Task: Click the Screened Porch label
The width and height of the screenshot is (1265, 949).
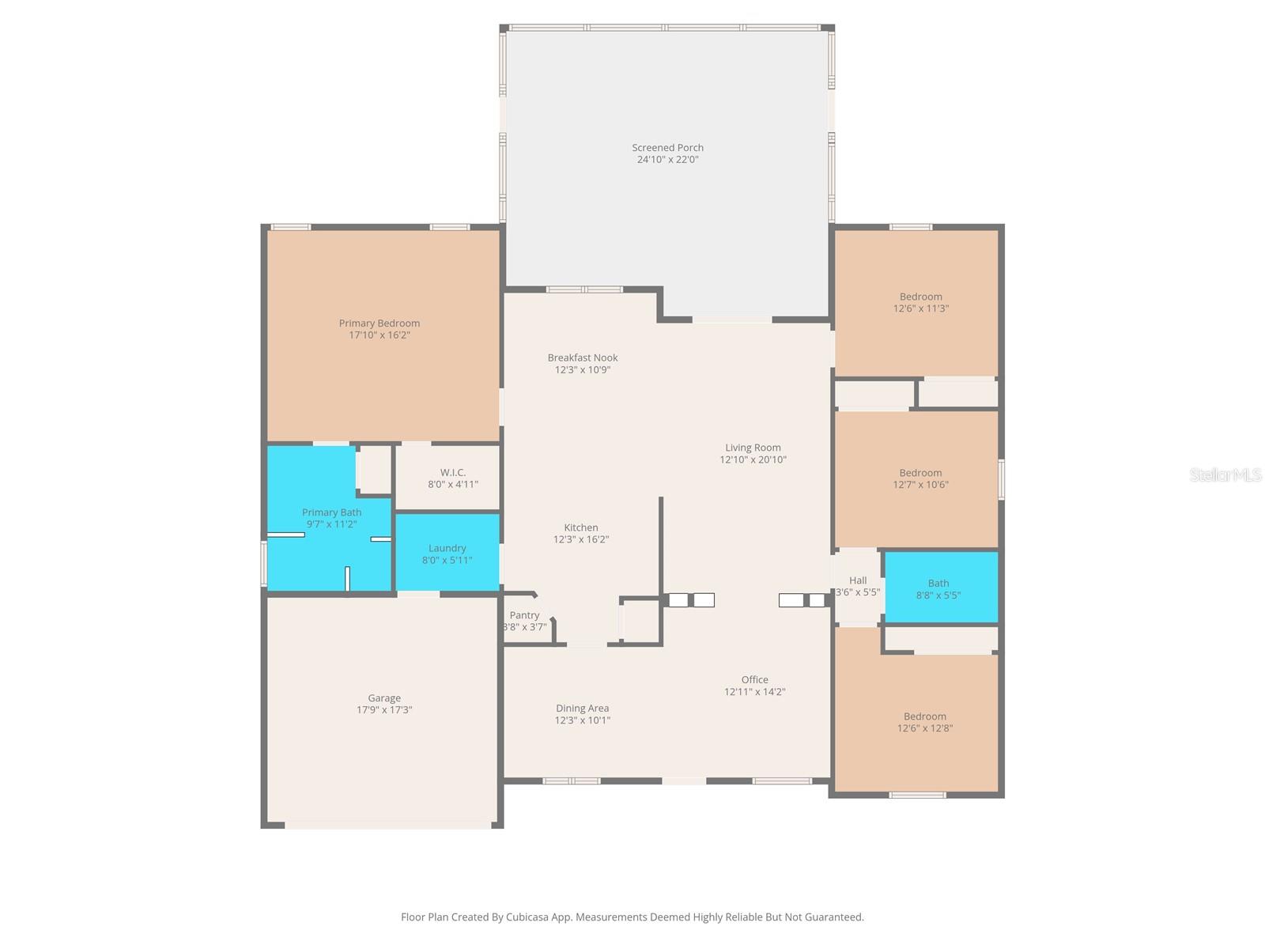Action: pos(667,148)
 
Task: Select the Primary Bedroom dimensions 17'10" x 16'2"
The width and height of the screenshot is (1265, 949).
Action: pos(379,335)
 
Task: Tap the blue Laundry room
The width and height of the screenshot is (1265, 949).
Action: pos(447,553)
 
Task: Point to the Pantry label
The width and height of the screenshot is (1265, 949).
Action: pos(524,615)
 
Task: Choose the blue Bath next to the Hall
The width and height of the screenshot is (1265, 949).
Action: pos(939,588)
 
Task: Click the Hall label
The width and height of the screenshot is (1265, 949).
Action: pos(858,580)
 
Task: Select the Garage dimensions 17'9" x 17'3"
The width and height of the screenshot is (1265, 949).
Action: pos(384,710)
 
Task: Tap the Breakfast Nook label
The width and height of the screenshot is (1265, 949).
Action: pos(583,358)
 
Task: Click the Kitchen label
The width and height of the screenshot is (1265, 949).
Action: pos(581,527)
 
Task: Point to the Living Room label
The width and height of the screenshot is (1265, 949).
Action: pos(753,448)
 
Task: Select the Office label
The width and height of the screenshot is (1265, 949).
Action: pos(755,680)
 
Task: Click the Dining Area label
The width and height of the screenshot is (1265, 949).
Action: pos(583,709)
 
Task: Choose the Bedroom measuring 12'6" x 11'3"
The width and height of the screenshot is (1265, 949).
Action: pos(920,303)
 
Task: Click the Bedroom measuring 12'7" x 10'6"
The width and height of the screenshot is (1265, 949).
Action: pos(920,478)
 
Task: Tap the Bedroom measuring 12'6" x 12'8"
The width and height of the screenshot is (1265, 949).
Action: pos(924,722)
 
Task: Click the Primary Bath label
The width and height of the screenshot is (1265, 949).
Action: pos(332,512)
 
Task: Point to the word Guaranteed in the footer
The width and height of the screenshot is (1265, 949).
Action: pos(834,917)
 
